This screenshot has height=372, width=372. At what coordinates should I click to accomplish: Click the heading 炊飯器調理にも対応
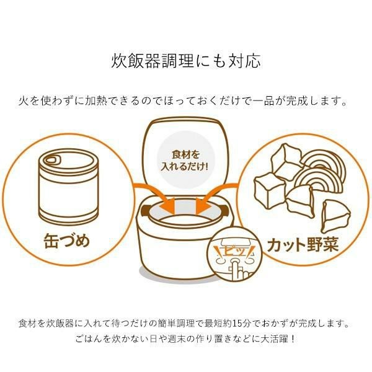185,61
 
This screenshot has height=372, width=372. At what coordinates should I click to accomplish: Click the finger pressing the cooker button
236,267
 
